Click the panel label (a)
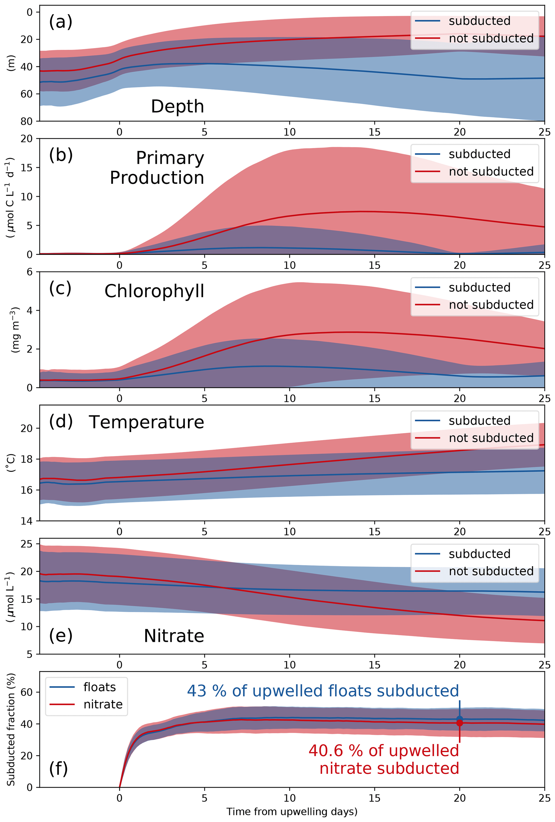[60, 22]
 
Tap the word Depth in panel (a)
[177, 106]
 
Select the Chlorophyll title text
[154, 291]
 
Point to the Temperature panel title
[146, 422]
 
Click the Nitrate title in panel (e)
[174, 636]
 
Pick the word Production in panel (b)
[157, 178]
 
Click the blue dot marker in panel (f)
[459, 719]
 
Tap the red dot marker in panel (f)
[459, 723]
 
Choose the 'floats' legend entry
[99, 687]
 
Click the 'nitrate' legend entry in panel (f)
[103, 704]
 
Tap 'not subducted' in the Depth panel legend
[491, 38]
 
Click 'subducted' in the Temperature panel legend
[479, 421]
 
